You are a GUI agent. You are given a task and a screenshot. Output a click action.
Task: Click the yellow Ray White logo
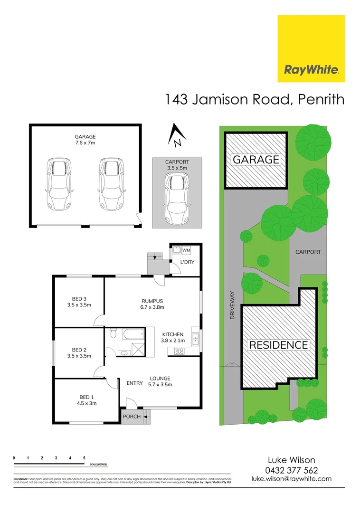(311, 49)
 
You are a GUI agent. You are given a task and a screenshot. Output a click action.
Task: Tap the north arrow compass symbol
(176, 134)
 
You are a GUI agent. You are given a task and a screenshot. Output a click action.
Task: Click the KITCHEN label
(172, 334)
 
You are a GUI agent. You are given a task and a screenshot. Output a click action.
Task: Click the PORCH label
(132, 417)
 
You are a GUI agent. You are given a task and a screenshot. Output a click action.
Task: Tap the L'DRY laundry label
(187, 262)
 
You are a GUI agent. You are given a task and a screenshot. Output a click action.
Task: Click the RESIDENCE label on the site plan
(279, 345)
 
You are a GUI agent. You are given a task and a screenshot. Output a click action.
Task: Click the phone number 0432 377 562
(292, 470)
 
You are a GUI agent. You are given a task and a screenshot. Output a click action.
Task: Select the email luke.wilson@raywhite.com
(291, 479)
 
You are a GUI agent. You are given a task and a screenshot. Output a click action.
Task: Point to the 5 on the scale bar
(84, 458)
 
